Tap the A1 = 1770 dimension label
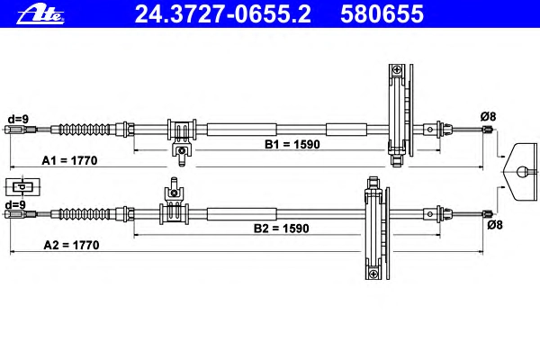pos(70,161)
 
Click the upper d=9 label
pos(17,117)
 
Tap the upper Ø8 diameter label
pos(487,115)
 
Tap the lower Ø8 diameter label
pos(493,225)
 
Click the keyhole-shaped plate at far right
pos(521,170)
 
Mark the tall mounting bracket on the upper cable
pos(398,114)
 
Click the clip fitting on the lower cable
pos(173,209)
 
